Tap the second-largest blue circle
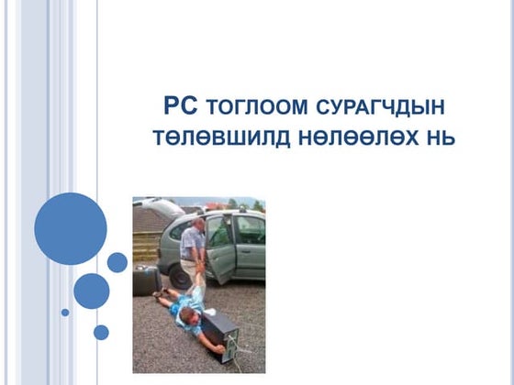pos(91,291)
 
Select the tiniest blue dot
pos(65,313)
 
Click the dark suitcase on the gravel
pos(145,279)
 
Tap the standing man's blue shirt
pos(193,241)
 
